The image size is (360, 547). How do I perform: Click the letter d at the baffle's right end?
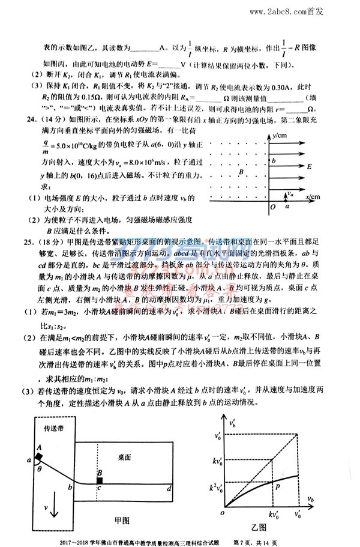click(170, 489)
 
